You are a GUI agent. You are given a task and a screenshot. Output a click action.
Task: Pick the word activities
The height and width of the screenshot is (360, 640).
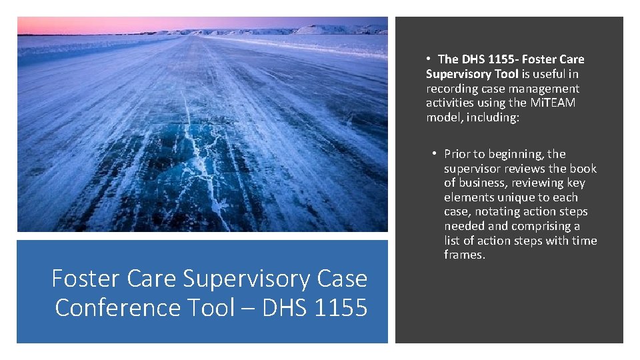tap(449, 103)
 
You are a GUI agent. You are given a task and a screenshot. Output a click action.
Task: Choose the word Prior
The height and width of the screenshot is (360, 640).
tap(457, 154)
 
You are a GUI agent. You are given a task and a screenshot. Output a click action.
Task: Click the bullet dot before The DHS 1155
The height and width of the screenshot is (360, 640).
tap(431, 59)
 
